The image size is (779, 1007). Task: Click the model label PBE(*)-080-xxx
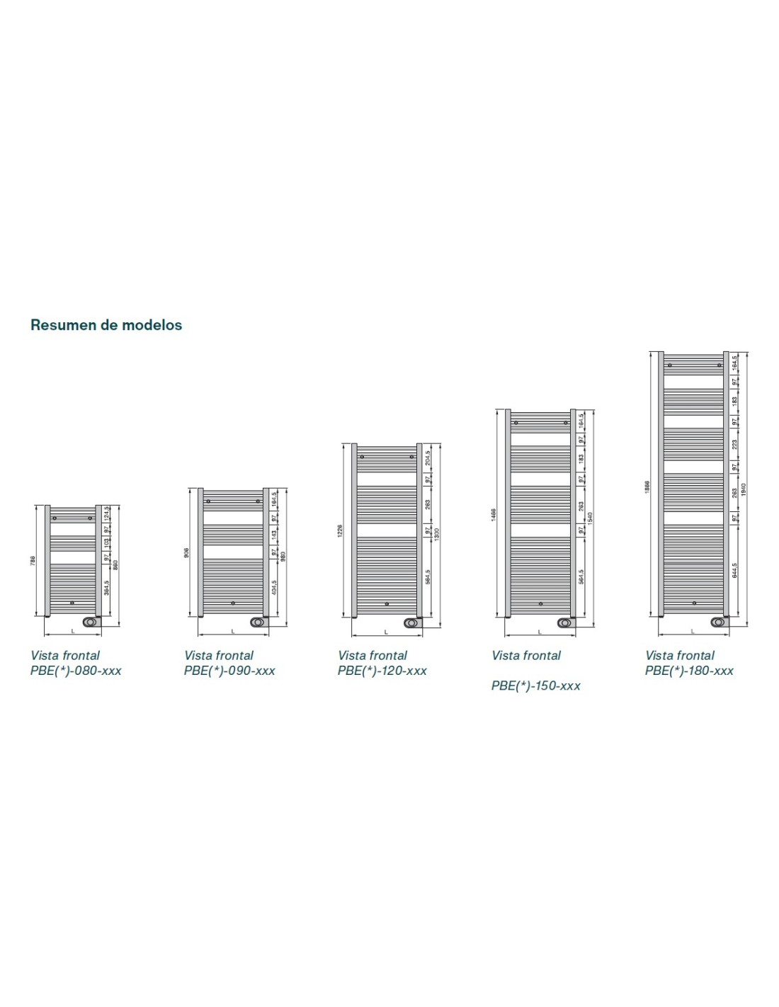point(76,671)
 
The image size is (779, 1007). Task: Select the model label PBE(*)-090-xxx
point(229,671)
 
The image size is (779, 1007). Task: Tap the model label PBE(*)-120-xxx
point(382,671)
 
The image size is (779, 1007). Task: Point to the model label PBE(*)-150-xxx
point(536,685)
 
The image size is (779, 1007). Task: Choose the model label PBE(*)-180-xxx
point(689,671)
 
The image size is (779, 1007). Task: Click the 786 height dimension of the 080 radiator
point(33,561)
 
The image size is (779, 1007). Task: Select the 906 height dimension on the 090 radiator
point(186,552)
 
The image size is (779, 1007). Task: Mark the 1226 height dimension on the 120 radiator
point(340,531)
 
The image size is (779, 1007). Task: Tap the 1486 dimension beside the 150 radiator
point(494,513)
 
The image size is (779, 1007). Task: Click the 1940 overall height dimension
point(744,489)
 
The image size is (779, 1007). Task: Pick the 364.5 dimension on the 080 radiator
point(107,587)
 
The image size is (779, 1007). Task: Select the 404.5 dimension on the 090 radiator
point(274,587)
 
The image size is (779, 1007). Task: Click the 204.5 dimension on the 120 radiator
point(428,457)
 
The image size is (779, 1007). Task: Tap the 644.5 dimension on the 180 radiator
point(734,571)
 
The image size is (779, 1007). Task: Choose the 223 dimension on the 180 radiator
point(734,445)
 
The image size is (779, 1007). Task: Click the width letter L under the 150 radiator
point(540,631)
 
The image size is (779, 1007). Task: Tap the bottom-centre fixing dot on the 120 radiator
point(387,604)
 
